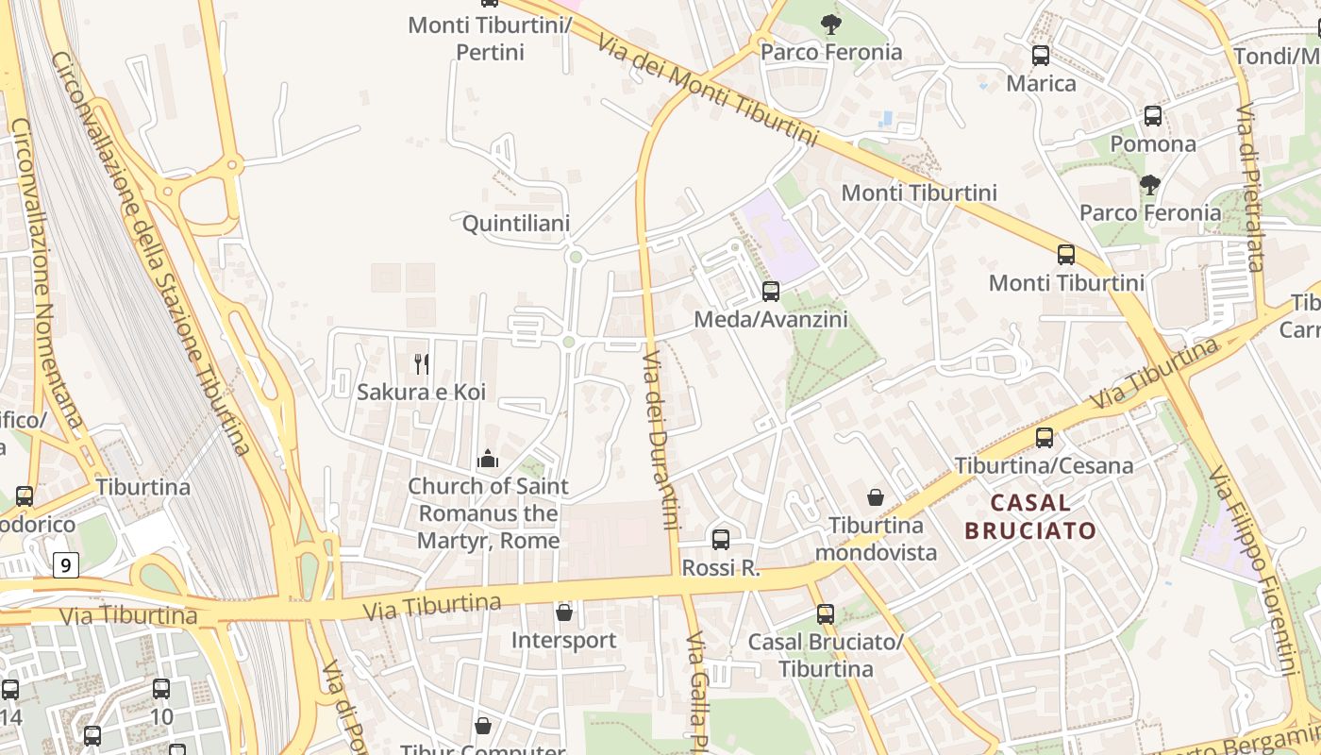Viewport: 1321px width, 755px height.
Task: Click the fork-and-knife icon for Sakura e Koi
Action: pos(422,363)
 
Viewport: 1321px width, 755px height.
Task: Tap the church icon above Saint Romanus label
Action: pos(488,459)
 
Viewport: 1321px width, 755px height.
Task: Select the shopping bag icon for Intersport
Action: pos(564,612)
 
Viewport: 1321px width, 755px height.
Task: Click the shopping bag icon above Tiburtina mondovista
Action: pos(876,496)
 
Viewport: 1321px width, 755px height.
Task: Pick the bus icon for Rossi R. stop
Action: pos(721,540)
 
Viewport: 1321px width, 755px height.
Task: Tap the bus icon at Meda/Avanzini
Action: pos(771,292)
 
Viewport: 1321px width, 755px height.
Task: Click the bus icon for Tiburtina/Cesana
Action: pos(1044,438)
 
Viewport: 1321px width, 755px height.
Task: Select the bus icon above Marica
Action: pos(1041,56)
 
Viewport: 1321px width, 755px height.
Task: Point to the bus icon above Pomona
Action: pos(1152,116)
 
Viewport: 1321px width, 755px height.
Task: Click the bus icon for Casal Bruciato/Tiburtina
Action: pos(826,614)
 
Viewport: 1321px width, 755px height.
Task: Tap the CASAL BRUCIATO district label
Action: pos(1030,516)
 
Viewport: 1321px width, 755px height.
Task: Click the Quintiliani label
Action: pos(516,224)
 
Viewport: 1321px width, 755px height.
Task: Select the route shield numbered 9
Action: pos(64,565)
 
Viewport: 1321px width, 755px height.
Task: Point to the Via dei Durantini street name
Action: pos(660,440)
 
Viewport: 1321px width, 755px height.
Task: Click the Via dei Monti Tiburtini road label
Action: pos(707,91)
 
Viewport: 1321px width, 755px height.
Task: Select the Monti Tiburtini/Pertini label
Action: pos(490,38)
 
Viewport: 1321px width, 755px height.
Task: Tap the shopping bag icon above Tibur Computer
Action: pos(482,726)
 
